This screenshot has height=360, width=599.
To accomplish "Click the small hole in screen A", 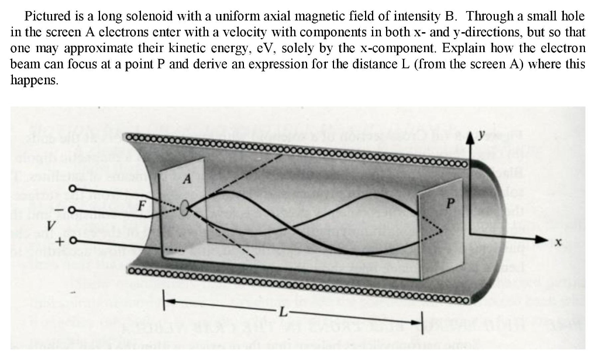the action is tap(185, 208).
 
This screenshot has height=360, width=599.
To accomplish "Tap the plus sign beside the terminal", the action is tap(60, 240).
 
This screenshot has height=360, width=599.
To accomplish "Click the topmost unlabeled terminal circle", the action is tap(73, 188).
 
